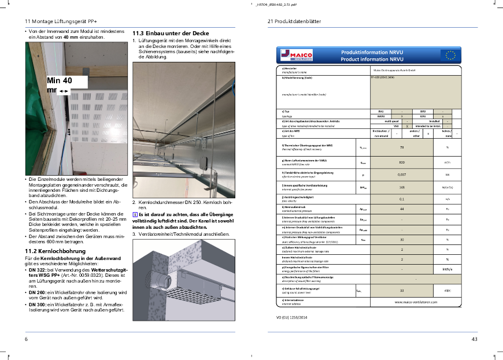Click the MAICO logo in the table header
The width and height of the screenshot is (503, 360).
[297, 55]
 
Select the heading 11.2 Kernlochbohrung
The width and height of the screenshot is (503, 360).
[56, 251]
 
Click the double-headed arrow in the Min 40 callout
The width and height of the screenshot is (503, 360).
[64, 91]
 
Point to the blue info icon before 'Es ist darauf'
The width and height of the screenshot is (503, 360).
[135, 214]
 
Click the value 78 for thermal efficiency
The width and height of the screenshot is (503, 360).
[401, 147]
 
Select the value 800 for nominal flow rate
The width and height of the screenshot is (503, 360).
[401, 162]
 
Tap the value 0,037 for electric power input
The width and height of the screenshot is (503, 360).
[401, 173]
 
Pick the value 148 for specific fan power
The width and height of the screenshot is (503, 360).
[401, 187]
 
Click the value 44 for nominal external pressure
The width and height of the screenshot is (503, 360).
[401, 208]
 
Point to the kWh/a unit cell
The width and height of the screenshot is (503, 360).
[447, 269]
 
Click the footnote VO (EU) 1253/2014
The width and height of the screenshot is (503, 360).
[293, 317]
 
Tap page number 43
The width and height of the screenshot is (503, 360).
[475, 339]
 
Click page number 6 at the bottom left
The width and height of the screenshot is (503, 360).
[26, 339]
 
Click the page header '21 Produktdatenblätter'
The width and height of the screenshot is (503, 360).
[295, 21]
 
